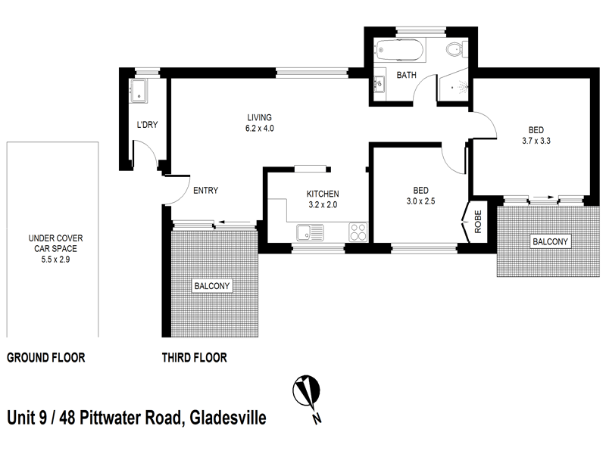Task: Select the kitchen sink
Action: coord(307,230)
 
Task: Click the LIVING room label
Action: coord(259,117)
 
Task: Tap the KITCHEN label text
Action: coord(323,194)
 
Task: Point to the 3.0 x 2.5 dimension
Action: coord(420,201)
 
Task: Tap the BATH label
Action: coord(407,75)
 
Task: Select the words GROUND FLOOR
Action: coord(45,358)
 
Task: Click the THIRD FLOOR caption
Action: coord(195,358)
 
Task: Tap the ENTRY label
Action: coord(205,191)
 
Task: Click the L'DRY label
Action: coord(146,125)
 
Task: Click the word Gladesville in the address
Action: coord(227,417)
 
